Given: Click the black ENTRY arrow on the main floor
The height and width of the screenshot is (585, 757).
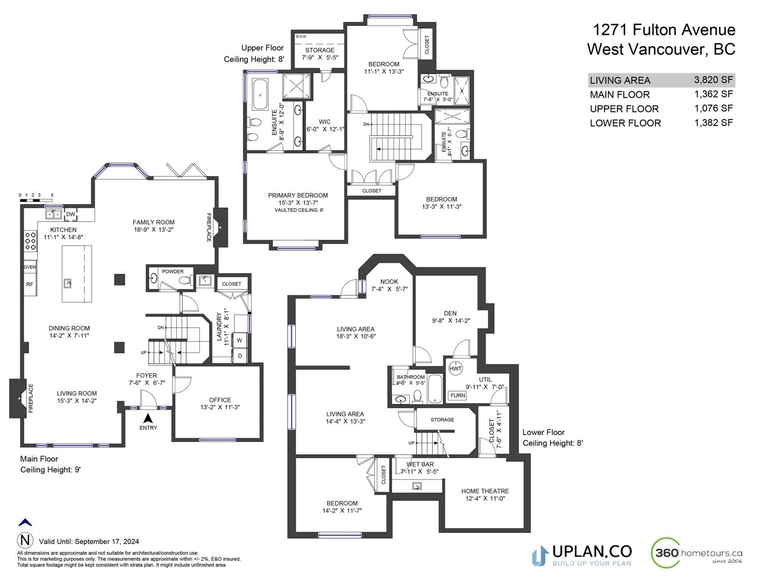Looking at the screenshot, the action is (148, 418).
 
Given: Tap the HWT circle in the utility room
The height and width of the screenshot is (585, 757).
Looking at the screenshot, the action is (455, 369).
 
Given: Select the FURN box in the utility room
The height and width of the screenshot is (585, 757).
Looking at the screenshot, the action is (457, 396).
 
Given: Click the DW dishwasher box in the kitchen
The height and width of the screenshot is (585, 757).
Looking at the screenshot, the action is (70, 214).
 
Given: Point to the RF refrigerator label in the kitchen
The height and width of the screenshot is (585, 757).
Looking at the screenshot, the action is (30, 285).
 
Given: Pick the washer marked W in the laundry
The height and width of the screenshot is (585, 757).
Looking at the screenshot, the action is (240, 340).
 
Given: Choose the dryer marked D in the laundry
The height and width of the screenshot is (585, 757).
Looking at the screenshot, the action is (240, 355).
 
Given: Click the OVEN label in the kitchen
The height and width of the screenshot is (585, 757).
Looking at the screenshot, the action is (30, 267).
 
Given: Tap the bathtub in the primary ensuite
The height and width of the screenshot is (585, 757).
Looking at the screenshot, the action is (260, 95).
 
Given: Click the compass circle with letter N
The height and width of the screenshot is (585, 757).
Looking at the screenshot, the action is (25, 541).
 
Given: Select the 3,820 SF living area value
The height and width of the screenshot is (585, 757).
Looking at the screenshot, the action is (713, 80).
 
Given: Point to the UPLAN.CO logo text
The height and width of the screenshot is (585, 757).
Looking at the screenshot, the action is (592, 551).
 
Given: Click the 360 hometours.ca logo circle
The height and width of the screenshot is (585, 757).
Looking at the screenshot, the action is (666, 552).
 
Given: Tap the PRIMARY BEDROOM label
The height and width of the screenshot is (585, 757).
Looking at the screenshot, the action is (298, 195).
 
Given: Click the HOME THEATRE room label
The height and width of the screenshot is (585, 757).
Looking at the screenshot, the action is (485, 491).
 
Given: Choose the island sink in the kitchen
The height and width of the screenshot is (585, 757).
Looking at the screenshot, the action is (67, 283).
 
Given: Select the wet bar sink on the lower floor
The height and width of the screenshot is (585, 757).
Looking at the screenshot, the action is (417, 486).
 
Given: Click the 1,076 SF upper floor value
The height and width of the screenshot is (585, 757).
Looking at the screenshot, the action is (713, 108).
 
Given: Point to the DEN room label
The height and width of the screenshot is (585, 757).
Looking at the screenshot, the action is (450, 313).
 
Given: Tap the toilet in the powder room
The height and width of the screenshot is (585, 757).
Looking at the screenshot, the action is (186, 280).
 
